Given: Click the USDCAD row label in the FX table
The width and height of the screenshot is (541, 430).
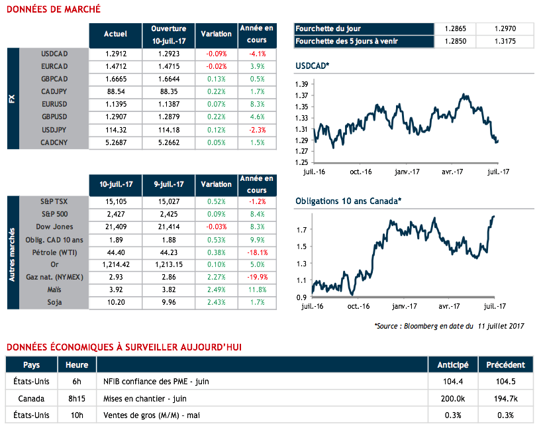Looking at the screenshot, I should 54,54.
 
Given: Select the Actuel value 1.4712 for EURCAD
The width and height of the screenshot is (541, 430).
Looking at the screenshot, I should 115,66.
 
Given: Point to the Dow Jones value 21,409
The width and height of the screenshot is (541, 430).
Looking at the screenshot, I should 115,227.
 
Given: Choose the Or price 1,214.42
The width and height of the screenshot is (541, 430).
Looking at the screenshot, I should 115,265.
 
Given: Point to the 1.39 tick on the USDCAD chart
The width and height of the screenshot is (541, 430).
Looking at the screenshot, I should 301,84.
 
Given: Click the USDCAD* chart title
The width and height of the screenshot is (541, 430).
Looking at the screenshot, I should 312,66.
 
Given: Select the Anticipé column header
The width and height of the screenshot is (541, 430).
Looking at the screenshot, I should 452,364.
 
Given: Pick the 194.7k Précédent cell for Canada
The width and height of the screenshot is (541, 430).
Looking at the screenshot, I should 505,399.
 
